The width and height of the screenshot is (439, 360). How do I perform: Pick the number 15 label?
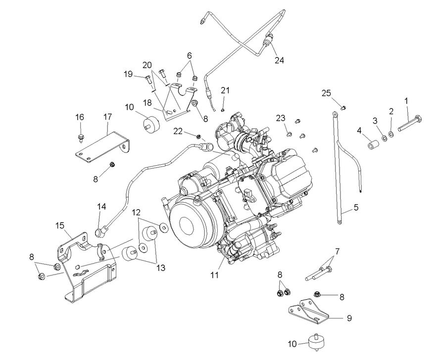(59, 225)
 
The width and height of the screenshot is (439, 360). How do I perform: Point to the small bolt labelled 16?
(80, 134)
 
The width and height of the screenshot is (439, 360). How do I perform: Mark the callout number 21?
(226, 90)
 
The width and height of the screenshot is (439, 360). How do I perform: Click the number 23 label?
(281, 118)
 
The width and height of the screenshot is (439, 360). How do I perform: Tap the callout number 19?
(128, 74)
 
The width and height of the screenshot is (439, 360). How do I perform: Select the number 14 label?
(101, 206)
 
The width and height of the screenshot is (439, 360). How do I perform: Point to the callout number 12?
(136, 213)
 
